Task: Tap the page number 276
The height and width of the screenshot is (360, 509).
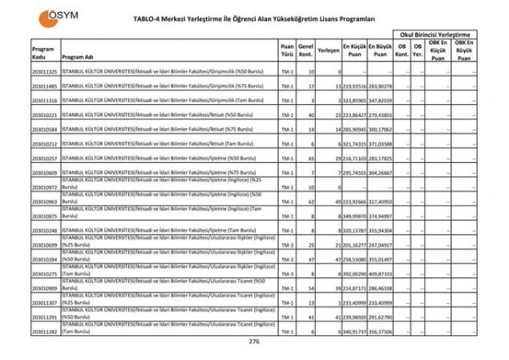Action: (254, 342)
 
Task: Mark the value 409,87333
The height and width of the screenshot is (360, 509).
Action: (381, 273)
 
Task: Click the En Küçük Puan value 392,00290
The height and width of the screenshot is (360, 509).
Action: (354, 273)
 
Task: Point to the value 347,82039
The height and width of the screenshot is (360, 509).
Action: (381, 101)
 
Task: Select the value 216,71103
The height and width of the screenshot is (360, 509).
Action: (354, 159)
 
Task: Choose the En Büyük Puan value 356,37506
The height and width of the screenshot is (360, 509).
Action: (381, 331)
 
